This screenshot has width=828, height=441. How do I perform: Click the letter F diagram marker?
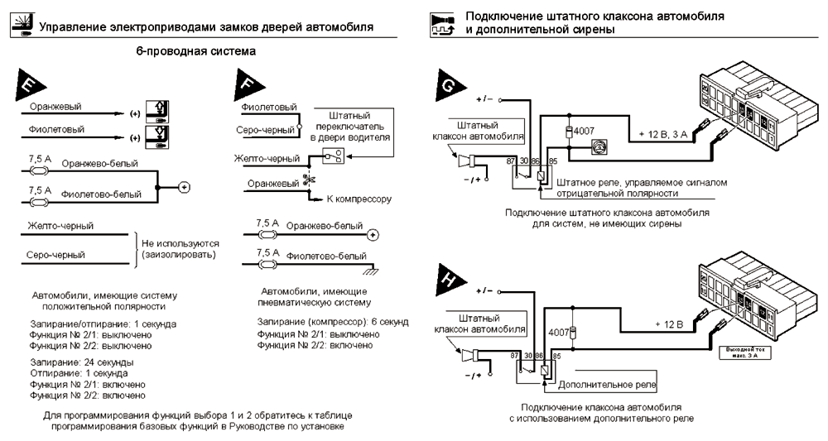[246, 82]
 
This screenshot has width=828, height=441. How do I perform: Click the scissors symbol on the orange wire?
[308, 178]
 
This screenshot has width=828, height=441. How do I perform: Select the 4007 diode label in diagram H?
[561, 333]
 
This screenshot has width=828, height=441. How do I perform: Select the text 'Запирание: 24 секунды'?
[82, 362]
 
